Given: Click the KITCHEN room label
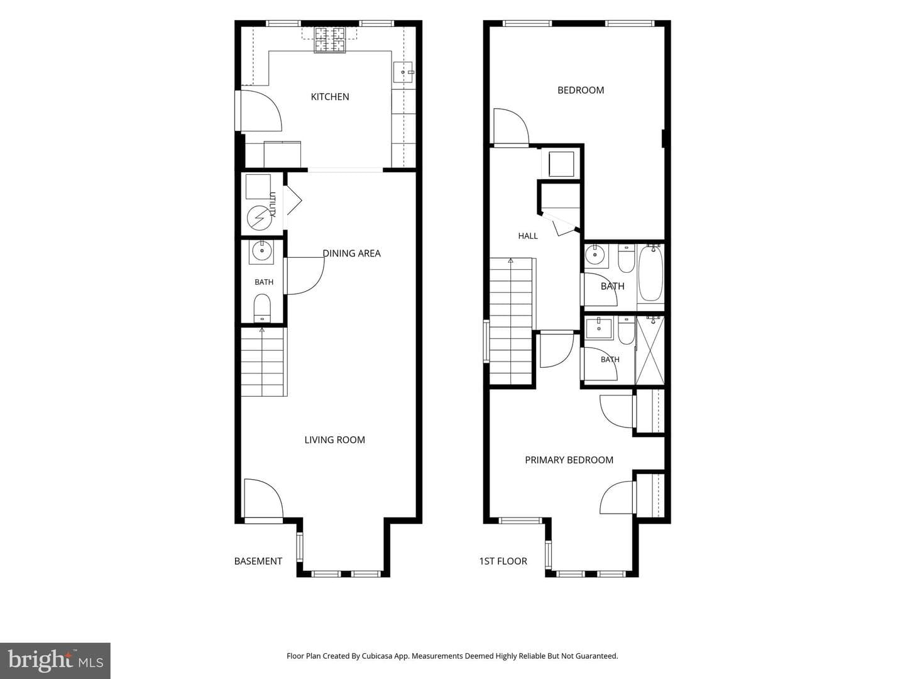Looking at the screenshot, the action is [x=330, y=97].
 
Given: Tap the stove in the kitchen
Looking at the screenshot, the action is [x=330, y=40].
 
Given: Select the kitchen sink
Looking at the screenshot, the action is [x=403, y=72].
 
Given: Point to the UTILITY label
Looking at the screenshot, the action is [x=272, y=204].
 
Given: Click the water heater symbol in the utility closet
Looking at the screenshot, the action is [x=260, y=218].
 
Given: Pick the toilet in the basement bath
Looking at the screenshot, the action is [x=262, y=307].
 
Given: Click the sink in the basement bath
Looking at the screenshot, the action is [x=261, y=252].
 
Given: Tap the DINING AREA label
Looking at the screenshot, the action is [x=352, y=253].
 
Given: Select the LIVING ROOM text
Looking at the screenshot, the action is [x=335, y=440].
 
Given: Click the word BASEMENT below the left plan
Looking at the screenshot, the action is [x=258, y=561].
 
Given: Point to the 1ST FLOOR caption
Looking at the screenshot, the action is [x=503, y=561].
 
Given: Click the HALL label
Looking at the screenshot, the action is [x=528, y=236].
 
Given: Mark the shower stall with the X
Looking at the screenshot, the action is [x=650, y=350].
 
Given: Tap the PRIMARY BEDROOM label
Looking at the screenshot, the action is [x=569, y=460].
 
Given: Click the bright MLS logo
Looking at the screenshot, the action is [x=55, y=661].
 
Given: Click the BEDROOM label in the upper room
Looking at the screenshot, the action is [x=581, y=91].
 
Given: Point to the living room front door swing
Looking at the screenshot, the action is [x=264, y=500].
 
